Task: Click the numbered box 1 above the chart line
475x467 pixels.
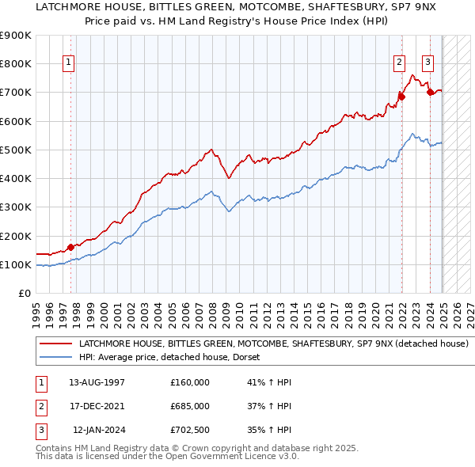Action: [x=70, y=64]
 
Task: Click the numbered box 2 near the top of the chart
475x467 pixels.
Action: [x=400, y=64]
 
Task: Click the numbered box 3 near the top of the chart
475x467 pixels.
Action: [x=427, y=64]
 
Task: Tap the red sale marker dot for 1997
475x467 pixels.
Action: [x=71, y=247]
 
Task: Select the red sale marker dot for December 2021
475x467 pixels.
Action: [x=402, y=97]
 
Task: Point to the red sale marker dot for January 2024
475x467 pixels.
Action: [x=431, y=92]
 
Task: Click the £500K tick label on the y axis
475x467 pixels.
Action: [x=16, y=150]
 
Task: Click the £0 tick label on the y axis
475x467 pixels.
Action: [x=24, y=293]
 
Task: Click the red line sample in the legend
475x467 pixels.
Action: [x=55, y=344]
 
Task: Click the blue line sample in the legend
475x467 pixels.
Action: [x=55, y=358]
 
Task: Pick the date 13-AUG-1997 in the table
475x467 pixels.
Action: [x=97, y=382]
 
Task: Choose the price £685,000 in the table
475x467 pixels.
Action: [x=190, y=406]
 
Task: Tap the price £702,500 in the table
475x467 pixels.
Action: [x=190, y=430]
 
